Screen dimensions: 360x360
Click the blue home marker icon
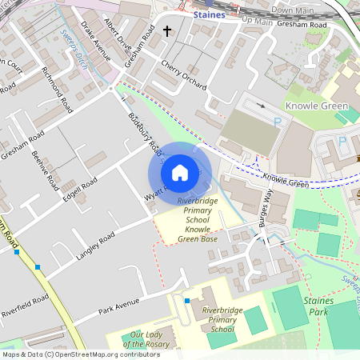point(180,171)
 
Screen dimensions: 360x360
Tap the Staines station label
point(210,14)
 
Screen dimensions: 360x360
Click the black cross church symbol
point(168,31)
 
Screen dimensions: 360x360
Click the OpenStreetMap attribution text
point(70,354)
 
